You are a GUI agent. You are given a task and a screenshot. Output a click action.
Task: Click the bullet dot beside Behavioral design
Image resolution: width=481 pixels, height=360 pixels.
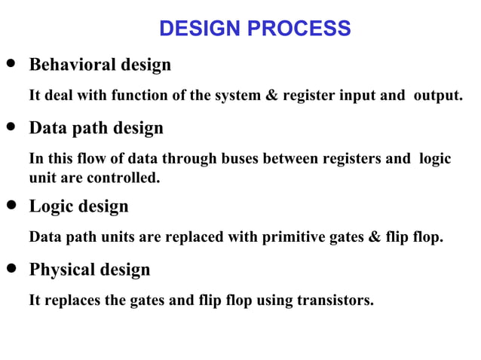11,64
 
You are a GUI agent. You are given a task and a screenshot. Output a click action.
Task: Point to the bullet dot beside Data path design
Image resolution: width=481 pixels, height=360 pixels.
11,127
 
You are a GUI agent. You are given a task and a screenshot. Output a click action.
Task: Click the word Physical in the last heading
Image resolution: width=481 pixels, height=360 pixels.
63,270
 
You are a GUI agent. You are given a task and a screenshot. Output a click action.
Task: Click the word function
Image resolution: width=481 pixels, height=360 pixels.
141,96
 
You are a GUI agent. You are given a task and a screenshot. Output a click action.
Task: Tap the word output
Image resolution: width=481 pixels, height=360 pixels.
437,96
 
